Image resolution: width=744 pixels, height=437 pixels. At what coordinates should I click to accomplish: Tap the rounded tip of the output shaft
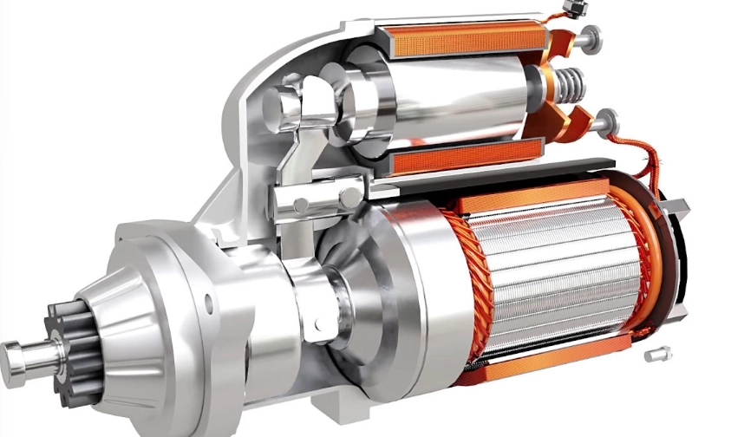pos(10,353)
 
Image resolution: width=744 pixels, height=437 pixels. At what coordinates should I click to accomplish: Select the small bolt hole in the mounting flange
pos(207,304)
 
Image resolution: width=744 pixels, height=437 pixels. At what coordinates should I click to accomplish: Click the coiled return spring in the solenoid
pos(568,84)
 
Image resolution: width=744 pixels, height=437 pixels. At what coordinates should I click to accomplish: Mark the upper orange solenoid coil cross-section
pos(460,39)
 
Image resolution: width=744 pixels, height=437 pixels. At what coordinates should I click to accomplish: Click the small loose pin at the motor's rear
pos(656,355)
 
